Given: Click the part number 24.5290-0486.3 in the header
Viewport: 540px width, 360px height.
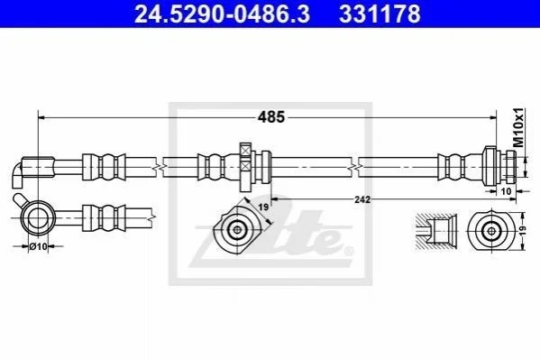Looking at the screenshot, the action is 222,14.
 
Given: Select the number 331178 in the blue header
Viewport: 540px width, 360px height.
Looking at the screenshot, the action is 380,14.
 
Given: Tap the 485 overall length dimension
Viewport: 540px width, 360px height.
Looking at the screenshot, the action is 271,117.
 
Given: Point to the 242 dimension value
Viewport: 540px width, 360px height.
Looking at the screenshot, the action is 362,199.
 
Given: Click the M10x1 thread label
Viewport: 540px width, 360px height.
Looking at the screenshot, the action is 518,127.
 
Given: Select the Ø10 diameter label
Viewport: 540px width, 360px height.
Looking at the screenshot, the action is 38,246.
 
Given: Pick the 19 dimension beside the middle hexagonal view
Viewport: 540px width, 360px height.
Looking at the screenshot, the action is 263,208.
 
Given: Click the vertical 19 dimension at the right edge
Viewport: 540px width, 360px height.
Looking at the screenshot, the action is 523,231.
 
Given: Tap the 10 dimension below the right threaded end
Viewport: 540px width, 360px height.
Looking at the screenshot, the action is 507,190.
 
